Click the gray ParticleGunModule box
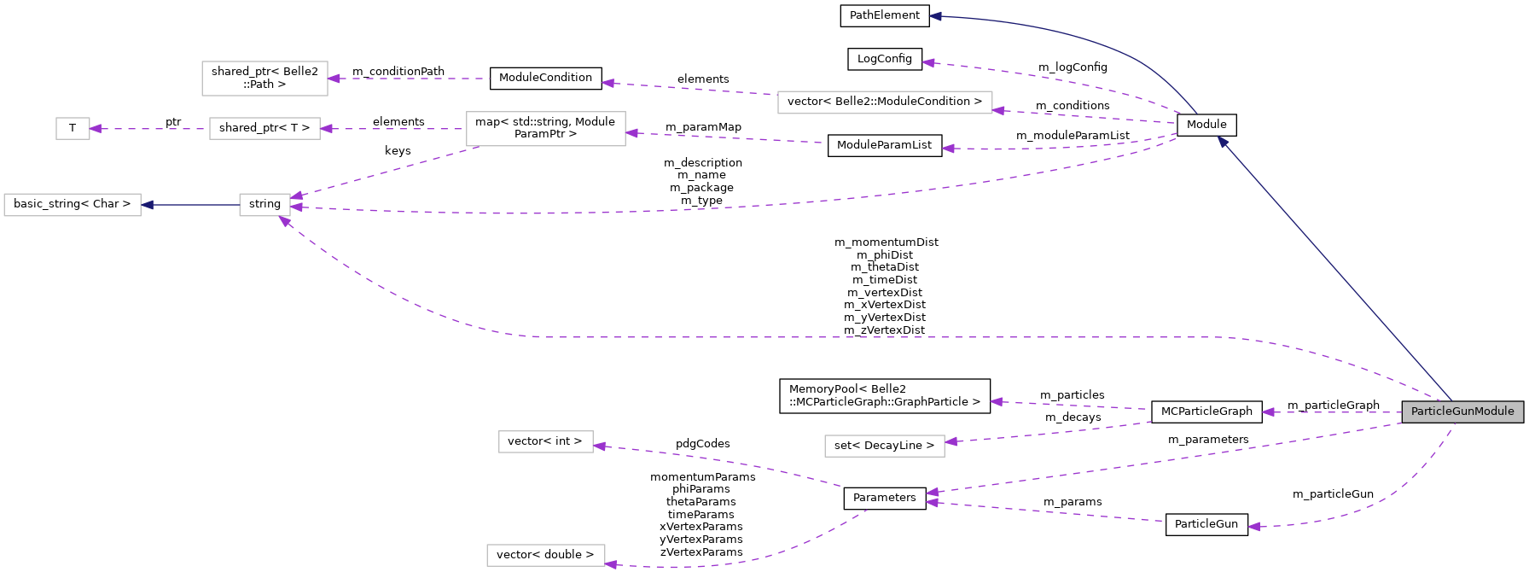coord(1462,411)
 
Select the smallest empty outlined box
coord(73,129)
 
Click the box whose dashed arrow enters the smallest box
coord(265,129)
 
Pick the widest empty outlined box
coord(885,102)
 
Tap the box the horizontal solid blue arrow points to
coord(73,205)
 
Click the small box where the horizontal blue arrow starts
coord(265,205)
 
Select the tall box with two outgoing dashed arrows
coord(545,129)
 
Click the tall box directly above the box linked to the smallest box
coord(265,79)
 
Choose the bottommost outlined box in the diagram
coord(545,555)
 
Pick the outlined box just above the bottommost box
coord(545,441)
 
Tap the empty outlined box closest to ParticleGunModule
coord(884,446)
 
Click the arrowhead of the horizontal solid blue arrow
coord(148,205)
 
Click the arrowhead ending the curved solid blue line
coord(935,16)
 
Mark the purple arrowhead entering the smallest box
coord(96,129)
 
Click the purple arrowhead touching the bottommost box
coord(611,563)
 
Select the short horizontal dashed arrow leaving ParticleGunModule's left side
coord(1331,412)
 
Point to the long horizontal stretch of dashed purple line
coord(853,337)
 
